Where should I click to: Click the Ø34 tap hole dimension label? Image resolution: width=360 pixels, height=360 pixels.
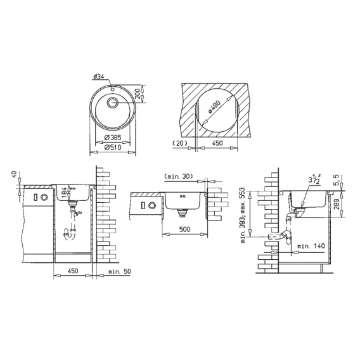99,77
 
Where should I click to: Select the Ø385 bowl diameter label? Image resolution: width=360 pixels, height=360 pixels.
113,138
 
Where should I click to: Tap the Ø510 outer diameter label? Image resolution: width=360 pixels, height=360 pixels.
113,148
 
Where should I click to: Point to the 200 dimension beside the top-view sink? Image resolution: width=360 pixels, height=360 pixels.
138,93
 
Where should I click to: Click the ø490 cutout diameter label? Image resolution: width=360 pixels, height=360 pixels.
214,106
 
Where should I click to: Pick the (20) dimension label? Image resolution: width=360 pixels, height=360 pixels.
180,143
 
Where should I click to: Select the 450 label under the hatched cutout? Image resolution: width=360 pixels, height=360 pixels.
217,143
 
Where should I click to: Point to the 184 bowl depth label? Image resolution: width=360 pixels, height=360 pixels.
65,192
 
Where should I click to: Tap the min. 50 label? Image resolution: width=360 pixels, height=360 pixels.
120,271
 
